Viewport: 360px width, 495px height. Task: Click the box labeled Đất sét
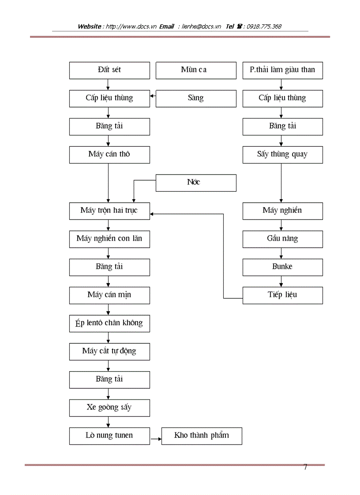[109, 70]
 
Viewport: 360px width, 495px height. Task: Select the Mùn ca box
[195, 70]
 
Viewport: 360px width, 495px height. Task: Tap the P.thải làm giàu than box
[282, 70]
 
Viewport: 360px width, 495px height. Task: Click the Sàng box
[195, 98]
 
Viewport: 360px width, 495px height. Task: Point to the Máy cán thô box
[109, 155]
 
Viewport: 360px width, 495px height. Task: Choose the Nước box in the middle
[195, 182]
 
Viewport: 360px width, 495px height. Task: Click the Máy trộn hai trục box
[109, 211]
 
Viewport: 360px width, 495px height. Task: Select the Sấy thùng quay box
[282, 155]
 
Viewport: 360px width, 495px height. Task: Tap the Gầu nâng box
[282, 239]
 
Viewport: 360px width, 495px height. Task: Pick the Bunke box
[282, 267]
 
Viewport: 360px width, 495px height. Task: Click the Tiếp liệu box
[282, 295]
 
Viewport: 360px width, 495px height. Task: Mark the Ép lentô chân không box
[109, 323]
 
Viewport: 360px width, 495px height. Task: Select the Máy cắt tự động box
[109, 351]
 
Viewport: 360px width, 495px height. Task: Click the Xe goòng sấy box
[109, 408]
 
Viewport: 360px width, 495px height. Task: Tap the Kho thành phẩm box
[202, 435]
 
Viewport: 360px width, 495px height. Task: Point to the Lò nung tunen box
[109, 435]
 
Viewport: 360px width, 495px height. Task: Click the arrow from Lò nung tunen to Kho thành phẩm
[155, 439]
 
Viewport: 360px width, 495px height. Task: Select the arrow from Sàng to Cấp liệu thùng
[153, 95]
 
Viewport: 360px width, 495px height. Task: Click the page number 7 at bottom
[305, 467]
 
